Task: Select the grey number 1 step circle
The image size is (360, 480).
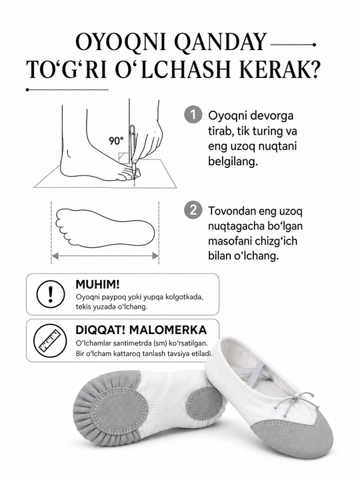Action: click(193, 115)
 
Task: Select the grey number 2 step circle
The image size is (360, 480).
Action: click(193, 210)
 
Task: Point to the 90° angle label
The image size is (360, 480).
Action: click(116, 141)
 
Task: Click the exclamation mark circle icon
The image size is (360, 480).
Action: click(51, 294)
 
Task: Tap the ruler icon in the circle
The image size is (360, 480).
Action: click(50, 340)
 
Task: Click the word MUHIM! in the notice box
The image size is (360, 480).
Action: click(97, 285)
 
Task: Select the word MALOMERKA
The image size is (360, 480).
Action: click(168, 330)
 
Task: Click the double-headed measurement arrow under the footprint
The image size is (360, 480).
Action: click(105, 256)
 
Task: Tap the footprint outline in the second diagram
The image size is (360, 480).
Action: click(105, 228)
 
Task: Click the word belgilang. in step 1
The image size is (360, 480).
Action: click(233, 161)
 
